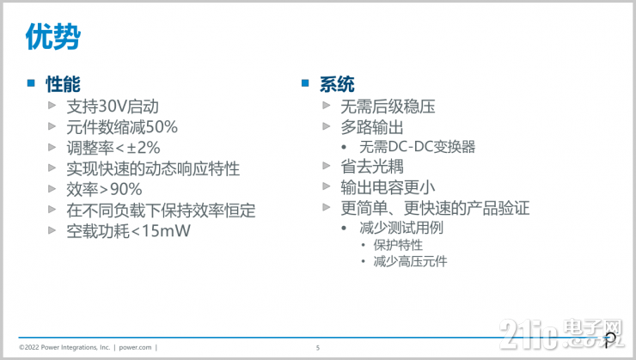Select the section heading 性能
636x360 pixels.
tap(63, 83)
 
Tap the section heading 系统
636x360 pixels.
tap(337, 83)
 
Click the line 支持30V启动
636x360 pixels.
tap(113, 107)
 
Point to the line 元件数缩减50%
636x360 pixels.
tap(122, 127)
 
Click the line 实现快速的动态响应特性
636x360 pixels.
tap(153, 168)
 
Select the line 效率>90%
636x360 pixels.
tap(104, 189)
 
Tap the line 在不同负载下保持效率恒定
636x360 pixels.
tap(161, 210)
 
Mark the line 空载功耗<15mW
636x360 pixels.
tap(128, 230)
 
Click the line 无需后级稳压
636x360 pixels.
tap(388, 107)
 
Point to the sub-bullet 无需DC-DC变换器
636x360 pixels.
tap(418, 147)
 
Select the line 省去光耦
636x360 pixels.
tap(372, 167)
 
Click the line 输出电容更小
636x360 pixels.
tap(388, 187)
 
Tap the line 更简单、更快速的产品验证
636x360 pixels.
tap(435, 208)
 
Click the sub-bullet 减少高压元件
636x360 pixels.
tap(410, 261)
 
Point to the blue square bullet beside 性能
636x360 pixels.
tap(29, 83)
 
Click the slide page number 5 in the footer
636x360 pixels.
tap(318, 347)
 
